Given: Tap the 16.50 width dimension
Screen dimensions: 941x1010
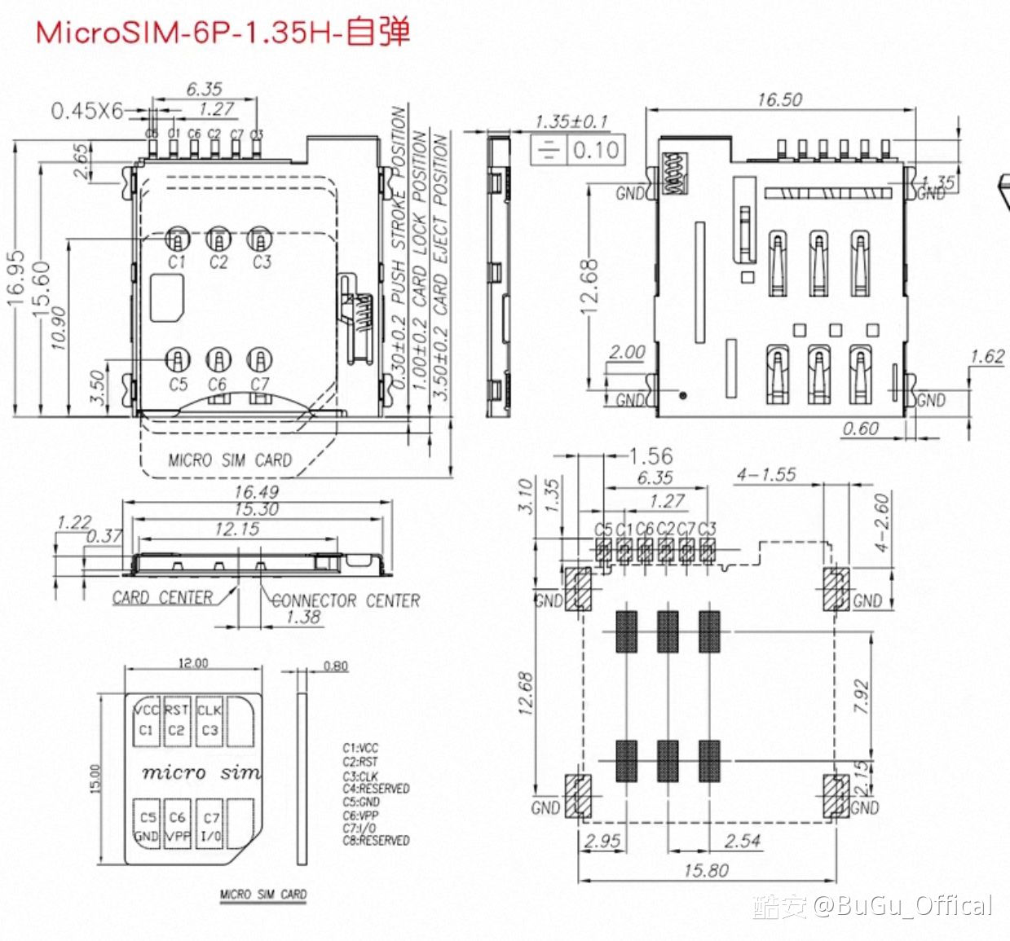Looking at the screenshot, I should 779,99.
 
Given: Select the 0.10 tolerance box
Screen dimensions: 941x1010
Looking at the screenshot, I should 596,150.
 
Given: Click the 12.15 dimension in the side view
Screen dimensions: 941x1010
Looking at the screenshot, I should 237,530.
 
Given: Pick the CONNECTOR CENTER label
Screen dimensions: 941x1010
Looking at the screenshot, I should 346,600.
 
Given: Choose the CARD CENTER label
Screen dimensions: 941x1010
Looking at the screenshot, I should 162,598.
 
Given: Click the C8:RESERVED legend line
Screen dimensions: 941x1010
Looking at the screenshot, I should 376,840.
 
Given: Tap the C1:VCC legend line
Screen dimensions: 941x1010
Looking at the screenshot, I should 360,748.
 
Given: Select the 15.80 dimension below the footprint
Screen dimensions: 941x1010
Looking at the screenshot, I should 706,870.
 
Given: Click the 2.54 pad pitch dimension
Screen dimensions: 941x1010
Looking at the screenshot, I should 743,840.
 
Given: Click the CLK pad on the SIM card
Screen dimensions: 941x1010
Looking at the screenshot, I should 209,719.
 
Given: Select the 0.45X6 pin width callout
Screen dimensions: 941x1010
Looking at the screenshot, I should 86,110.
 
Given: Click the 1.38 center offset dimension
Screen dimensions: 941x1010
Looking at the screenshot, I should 303,617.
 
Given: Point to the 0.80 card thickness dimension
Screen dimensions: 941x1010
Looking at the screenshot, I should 335,666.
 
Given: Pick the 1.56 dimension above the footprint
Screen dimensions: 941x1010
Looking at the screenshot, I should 651,456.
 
